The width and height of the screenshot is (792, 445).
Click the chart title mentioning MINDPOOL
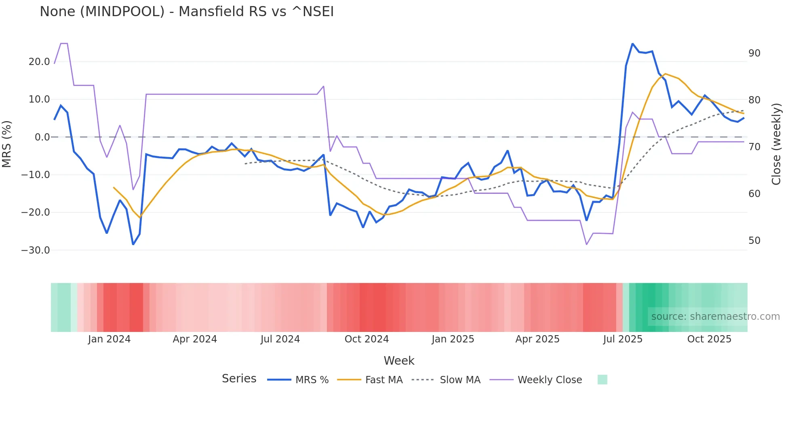coord(187,12)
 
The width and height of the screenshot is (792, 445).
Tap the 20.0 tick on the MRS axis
coord(39,62)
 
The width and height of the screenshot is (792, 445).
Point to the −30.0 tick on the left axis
coord(36,250)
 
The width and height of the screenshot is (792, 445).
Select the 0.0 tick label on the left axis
coord(42,137)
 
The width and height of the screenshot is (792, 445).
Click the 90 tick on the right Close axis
coord(754,53)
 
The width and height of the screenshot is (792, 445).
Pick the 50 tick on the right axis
coord(754,241)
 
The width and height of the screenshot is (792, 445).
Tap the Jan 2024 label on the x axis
coord(109,339)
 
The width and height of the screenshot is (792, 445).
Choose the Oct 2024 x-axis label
coord(367,339)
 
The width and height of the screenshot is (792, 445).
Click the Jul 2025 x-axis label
coord(623,339)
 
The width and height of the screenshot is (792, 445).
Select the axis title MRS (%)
coord(7,144)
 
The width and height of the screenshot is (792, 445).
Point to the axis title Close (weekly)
coord(776,144)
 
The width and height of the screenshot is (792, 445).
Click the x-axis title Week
coord(399,361)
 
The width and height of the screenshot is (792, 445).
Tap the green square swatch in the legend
coord(602,380)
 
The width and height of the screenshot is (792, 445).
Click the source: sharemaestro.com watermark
coord(715,317)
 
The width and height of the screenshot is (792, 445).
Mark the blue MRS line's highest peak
coord(632,44)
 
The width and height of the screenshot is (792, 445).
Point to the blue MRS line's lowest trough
coord(133,244)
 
